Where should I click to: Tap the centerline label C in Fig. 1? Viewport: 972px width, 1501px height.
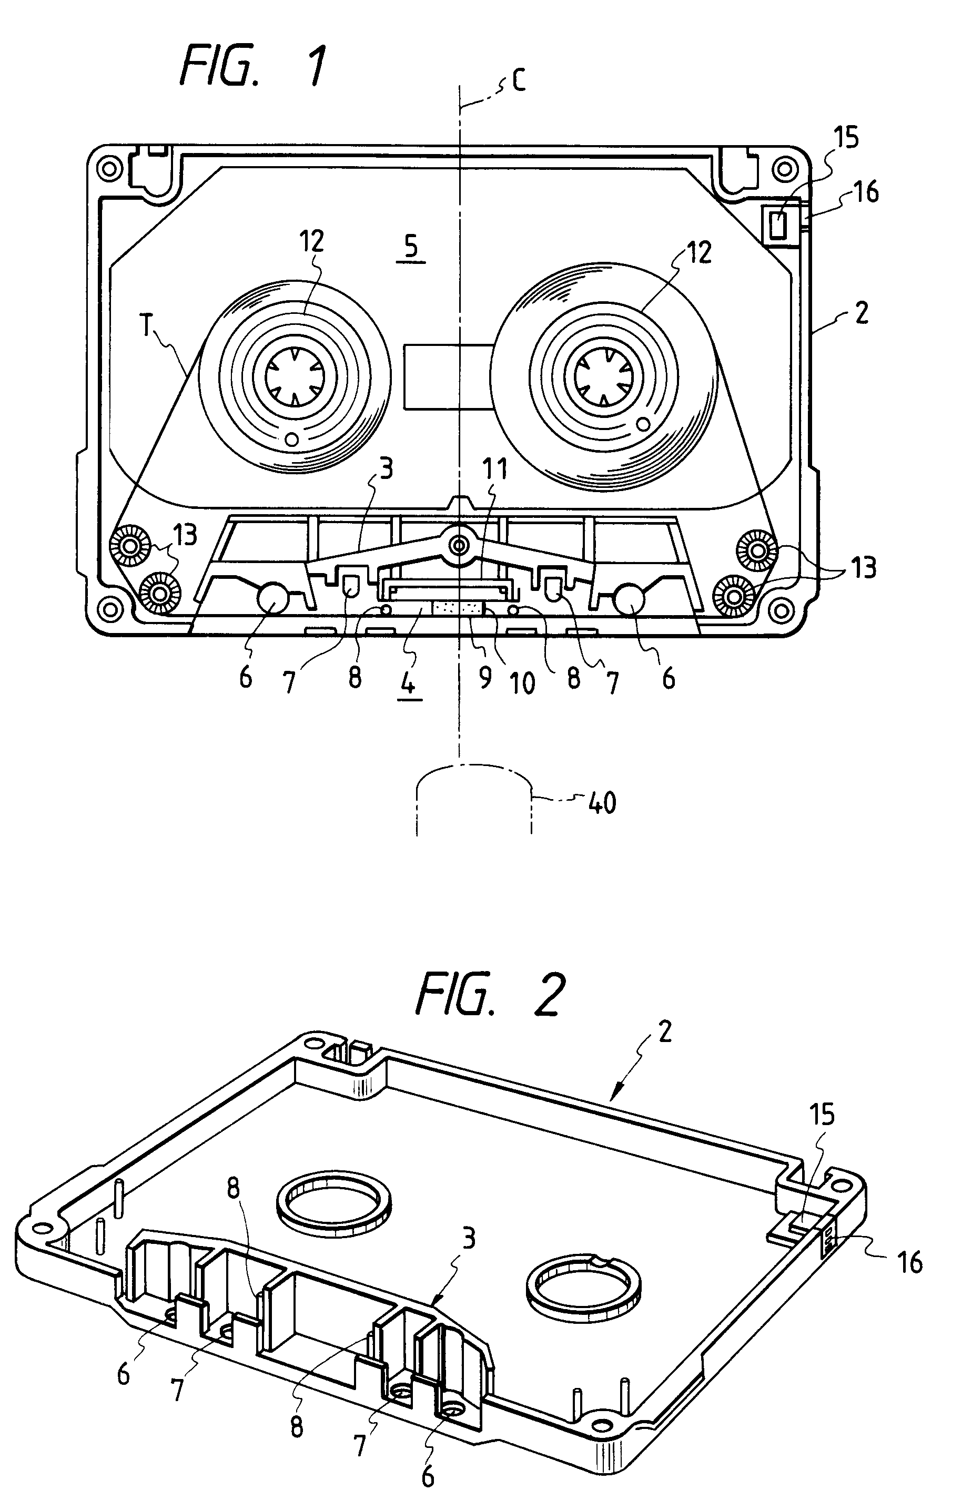(x=519, y=81)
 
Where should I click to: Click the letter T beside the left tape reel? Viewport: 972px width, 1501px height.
(x=146, y=328)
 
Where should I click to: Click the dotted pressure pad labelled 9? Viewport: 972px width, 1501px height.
(x=459, y=609)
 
